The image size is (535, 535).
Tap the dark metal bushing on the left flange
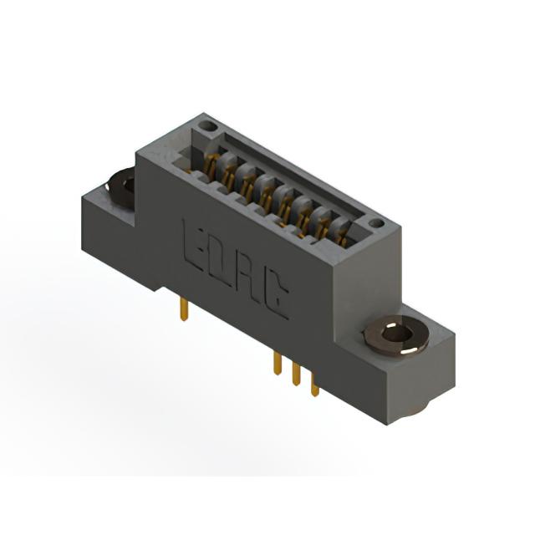coord(120,187)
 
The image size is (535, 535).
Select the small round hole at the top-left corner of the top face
coord(208,126)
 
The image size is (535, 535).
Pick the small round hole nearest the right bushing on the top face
coord(377,223)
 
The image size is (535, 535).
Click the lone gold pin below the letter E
coord(184,310)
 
